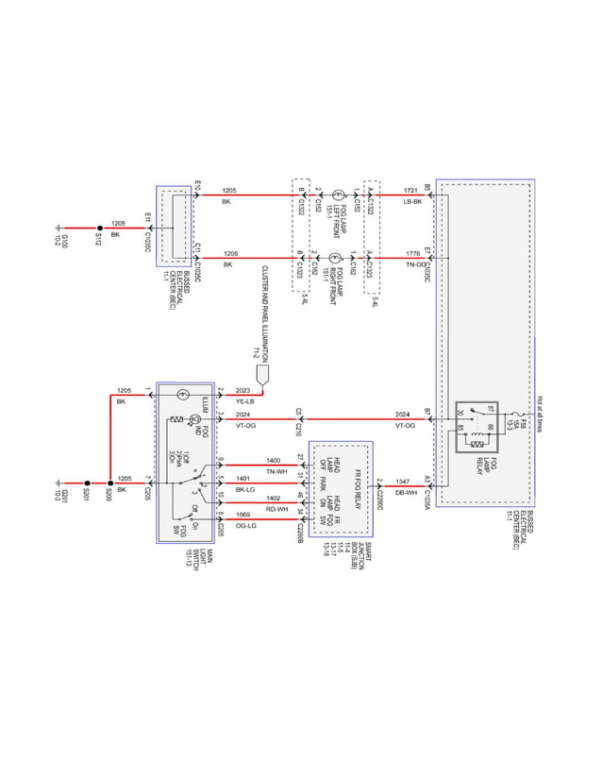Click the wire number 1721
pyautogui.click(x=411, y=190)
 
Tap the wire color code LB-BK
pyautogui.click(x=411, y=202)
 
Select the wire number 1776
pyautogui.click(x=412, y=252)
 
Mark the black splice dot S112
pyautogui.click(x=98, y=228)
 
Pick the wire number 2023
pyautogui.click(x=243, y=390)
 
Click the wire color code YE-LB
pyautogui.click(x=243, y=401)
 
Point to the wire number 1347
pyautogui.click(x=402, y=482)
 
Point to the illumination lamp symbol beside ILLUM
pyautogui.click(x=185, y=396)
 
